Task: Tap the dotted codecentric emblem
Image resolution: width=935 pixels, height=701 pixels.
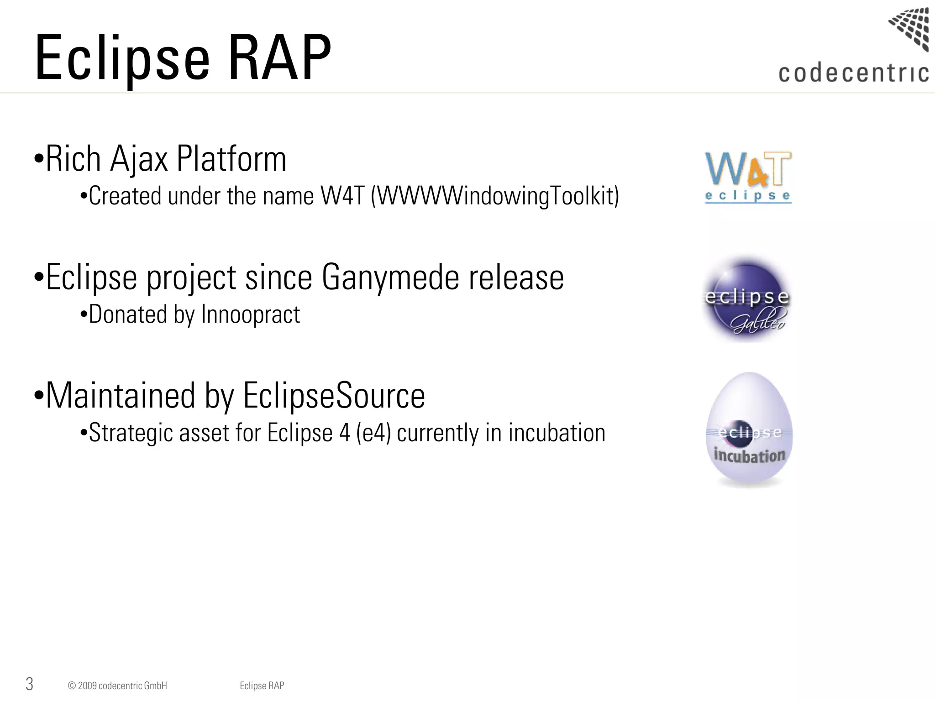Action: (909, 28)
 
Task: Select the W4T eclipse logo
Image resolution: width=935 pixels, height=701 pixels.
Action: (748, 178)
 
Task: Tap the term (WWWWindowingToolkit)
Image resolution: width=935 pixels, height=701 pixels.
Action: (495, 197)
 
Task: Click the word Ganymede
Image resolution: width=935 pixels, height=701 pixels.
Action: (390, 277)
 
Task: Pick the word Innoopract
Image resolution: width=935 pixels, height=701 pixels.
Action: (250, 315)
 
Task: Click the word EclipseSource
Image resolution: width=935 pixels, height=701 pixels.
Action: (334, 395)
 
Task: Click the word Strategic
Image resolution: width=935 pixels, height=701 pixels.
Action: (131, 433)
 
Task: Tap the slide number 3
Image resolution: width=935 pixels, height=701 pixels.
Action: (29, 684)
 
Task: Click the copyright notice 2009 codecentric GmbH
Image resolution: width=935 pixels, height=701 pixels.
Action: (117, 685)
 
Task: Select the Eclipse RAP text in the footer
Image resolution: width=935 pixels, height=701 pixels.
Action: (262, 685)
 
